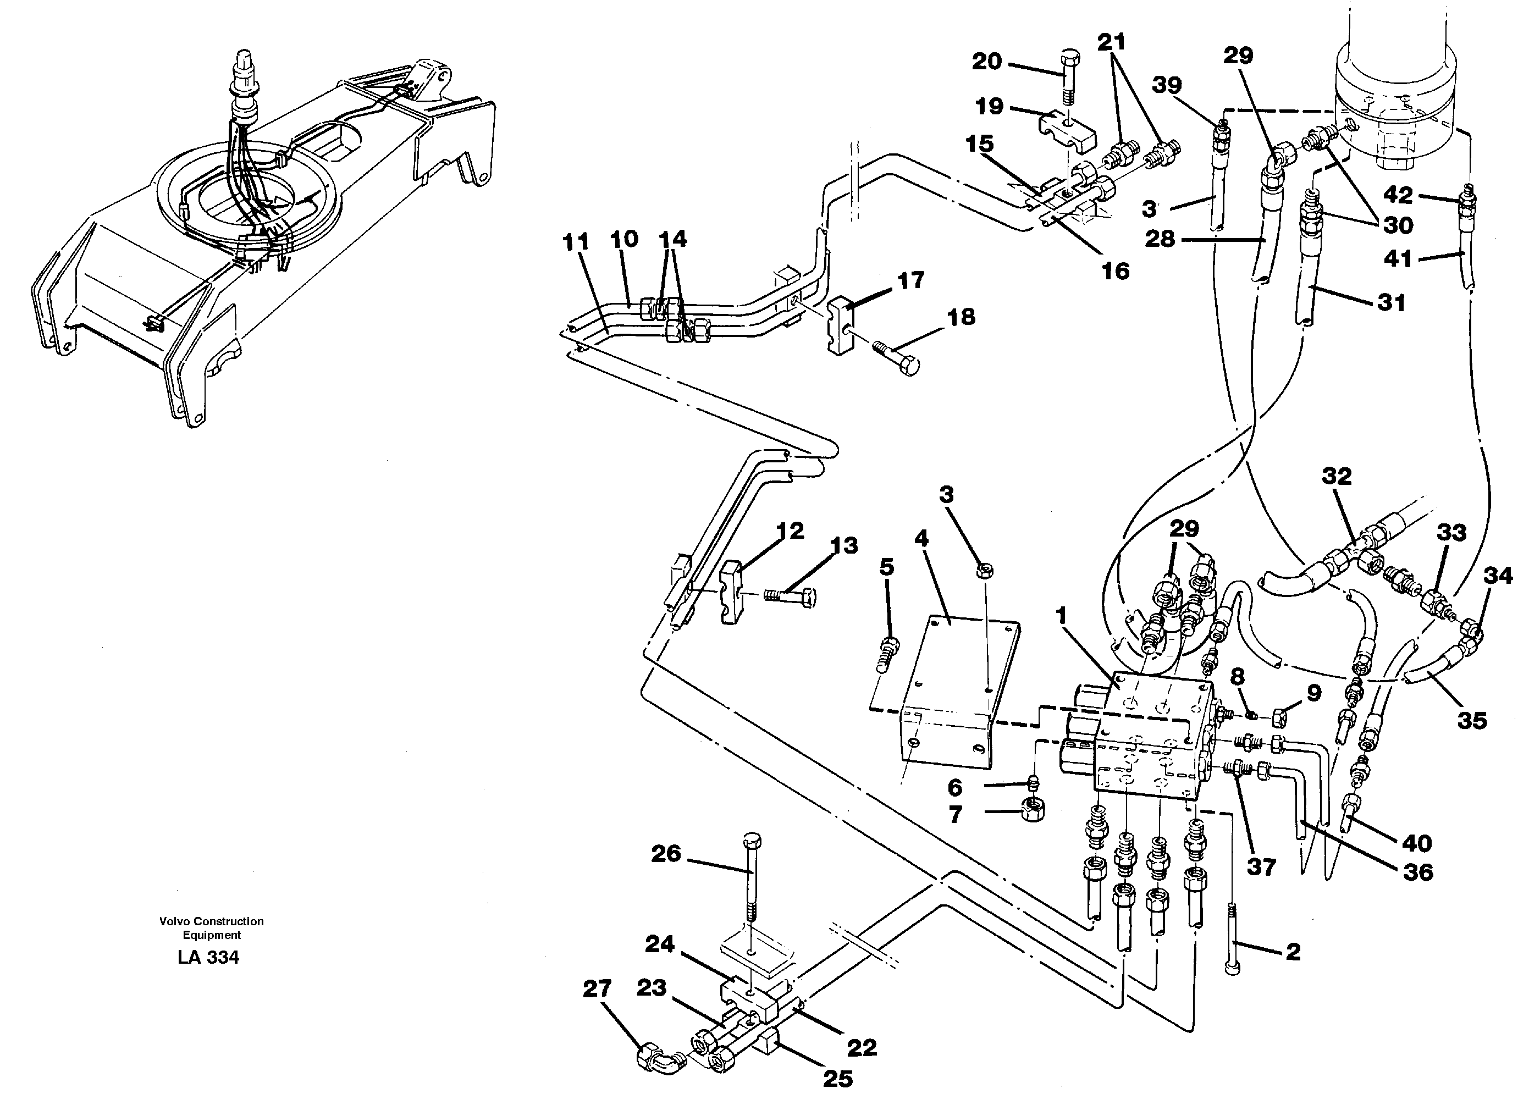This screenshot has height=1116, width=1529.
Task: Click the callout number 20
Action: (x=986, y=62)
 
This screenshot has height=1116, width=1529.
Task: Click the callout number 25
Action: (x=838, y=1079)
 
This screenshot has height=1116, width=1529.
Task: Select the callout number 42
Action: (x=1398, y=195)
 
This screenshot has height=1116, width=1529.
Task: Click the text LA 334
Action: (x=208, y=958)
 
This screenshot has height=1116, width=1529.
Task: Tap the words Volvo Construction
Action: (x=212, y=921)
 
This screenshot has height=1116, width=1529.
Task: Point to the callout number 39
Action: (x=1167, y=85)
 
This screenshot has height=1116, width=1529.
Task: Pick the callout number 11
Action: (x=576, y=242)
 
